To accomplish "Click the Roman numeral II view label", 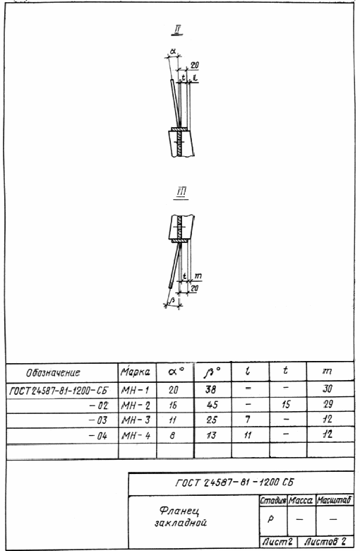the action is point(177,30).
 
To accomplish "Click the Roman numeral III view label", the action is point(181,193).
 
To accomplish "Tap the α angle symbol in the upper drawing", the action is point(173,52).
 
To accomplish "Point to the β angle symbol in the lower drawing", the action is point(172,301).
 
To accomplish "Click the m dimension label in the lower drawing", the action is point(198,276).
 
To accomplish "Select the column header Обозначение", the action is point(53,372).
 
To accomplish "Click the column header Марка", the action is point(136,372).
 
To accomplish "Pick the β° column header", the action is point(212,372).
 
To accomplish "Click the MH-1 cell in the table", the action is point(136,390).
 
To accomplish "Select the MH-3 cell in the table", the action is point(136,420).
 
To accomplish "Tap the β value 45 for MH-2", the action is point(212,405).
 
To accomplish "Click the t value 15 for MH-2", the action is point(286,405).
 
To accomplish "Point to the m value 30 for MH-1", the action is point(328,389).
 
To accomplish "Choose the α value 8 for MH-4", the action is point(172,436).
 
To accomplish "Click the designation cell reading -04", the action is point(98,436).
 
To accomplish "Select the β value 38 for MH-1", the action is point(211,389).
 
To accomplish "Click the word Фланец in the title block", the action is point(179,511).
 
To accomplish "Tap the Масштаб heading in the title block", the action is point(334,500).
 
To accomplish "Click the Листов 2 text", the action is point(325,541).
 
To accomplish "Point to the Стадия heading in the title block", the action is point(273,501).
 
